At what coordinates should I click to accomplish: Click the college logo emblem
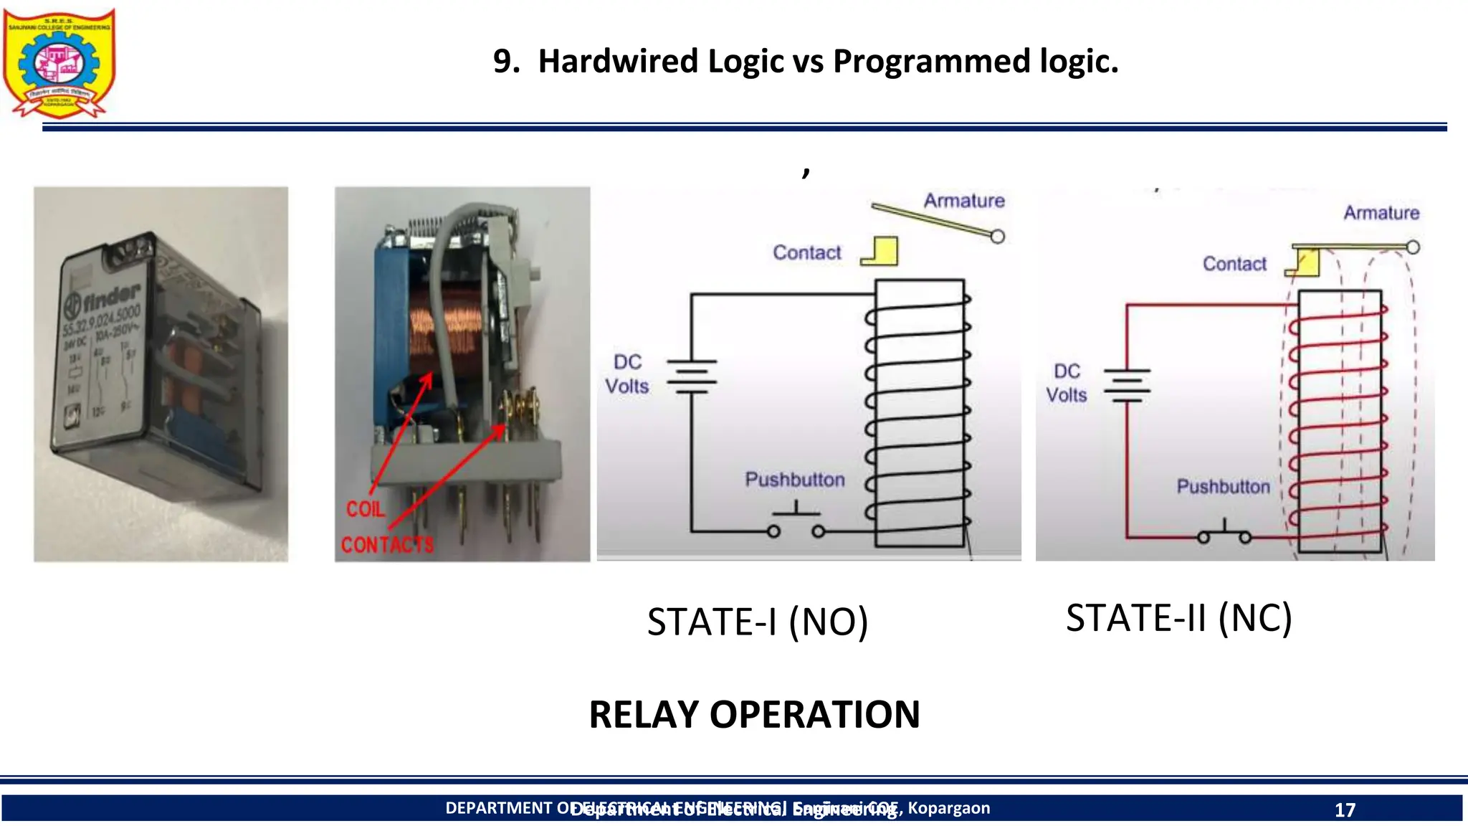coord(59,63)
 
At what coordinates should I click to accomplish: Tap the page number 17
coord(1345,810)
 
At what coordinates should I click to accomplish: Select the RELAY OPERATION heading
coord(754,714)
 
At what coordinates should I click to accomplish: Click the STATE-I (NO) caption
coord(757,621)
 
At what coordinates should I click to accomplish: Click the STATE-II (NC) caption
coord(1178,617)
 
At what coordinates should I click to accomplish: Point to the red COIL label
coord(366,509)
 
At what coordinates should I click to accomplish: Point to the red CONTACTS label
coord(387,545)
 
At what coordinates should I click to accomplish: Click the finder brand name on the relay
coord(111,297)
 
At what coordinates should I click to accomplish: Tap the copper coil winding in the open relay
coord(441,330)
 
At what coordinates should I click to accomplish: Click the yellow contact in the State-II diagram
coord(1306,263)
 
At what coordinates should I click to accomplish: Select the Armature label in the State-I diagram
coord(963,201)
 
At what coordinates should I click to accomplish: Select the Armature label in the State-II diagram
coord(1381,213)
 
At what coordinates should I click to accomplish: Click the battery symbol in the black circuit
coord(692,376)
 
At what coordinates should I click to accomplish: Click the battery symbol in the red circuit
coord(1127,386)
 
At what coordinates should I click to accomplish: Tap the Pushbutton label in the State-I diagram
coord(794,480)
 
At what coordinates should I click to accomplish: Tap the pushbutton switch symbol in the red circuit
coord(1224,533)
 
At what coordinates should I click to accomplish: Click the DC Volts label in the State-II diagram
coord(1066,383)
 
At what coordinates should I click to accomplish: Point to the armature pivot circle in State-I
coord(997,236)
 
